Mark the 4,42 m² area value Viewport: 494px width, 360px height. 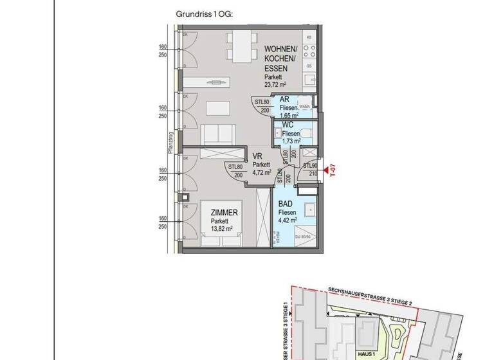(288, 220)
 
